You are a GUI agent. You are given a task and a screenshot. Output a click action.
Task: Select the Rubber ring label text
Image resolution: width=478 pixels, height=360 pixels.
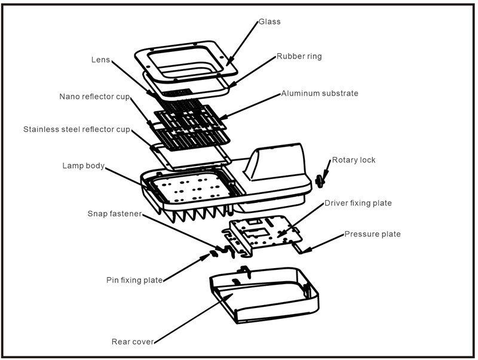click(x=299, y=57)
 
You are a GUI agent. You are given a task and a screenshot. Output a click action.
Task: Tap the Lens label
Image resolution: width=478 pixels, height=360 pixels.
click(x=100, y=60)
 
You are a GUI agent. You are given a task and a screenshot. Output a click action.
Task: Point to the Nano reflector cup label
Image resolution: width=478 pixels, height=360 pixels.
click(x=94, y=96)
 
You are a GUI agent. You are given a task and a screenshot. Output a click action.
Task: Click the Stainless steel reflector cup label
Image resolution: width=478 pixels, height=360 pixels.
click(x=76, y=129)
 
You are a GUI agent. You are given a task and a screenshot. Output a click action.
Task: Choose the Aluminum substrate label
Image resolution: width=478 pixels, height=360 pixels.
click(x=320, y=94)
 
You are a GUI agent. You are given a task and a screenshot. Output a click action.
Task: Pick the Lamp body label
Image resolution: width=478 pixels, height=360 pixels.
click(x=84, y=165)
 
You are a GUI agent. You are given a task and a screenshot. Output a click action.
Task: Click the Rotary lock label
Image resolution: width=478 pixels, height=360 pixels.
click(x=354, y=160)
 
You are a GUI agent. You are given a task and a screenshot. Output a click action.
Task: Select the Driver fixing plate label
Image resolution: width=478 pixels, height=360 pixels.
click(x=358, y=203)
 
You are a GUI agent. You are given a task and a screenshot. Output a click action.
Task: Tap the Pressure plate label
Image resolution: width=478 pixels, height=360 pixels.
click(x=372, y=234)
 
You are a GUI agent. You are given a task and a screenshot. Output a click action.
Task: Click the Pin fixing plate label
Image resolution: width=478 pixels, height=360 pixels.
click(x=134, y=279)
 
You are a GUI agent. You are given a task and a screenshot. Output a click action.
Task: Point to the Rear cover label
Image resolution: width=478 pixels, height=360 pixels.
click(x=133, y=342)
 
